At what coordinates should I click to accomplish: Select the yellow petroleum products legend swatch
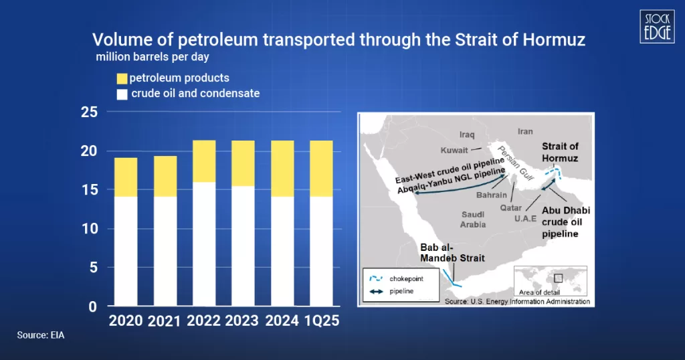click(122, 78)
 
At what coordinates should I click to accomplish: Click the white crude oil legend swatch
click(122, 94)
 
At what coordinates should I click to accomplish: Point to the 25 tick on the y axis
click(89, 112)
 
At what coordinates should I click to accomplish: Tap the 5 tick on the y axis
click(93, 268)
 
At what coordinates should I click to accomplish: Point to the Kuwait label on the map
click(455, 150)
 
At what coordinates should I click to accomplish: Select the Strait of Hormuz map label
click(561, 153)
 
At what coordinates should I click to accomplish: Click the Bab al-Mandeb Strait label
click(452, 252)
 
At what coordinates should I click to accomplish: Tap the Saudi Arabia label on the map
click(473, 219)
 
